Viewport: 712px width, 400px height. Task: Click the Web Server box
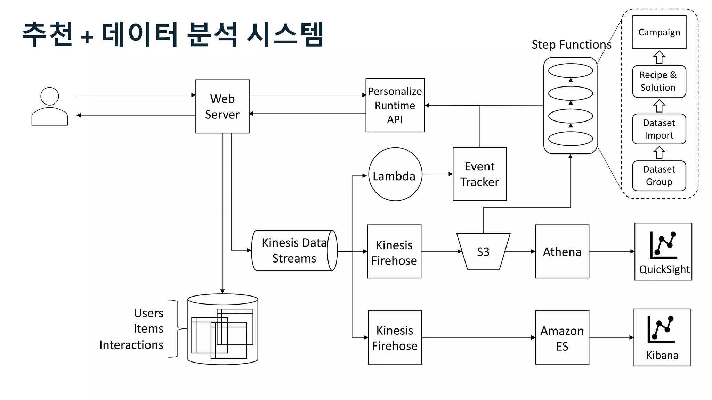coord(222,106)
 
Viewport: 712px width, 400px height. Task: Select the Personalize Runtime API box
coord(395,105)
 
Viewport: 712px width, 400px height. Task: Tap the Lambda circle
coord(395,174)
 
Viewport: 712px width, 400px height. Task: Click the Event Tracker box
coord(479,174)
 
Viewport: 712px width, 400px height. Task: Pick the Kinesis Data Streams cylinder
coord(294,250)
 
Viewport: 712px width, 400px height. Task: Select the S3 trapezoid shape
coord(483,251)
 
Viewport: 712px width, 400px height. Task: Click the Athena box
coord(562,251)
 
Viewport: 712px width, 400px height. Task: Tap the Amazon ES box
coord(562,337)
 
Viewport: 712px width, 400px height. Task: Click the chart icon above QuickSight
coord(663,245)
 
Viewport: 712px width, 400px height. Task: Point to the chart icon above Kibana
coord(661,330)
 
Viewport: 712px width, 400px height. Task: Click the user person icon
coord(50,106)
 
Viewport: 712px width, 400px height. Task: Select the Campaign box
coord(659,32)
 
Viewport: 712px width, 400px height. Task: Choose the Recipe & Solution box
coord(659,81)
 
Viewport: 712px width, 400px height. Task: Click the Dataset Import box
coord(659,129)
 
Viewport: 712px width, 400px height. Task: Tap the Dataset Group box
coord(659,176)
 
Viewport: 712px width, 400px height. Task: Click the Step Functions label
coord(571,44)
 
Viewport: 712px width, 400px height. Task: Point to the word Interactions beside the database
coord(131,345)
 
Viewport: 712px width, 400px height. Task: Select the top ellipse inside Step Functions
coord(571,71)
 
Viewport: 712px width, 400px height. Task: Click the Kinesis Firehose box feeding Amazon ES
coord(395,337)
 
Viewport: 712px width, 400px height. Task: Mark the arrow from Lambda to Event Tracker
coord(437,174)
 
